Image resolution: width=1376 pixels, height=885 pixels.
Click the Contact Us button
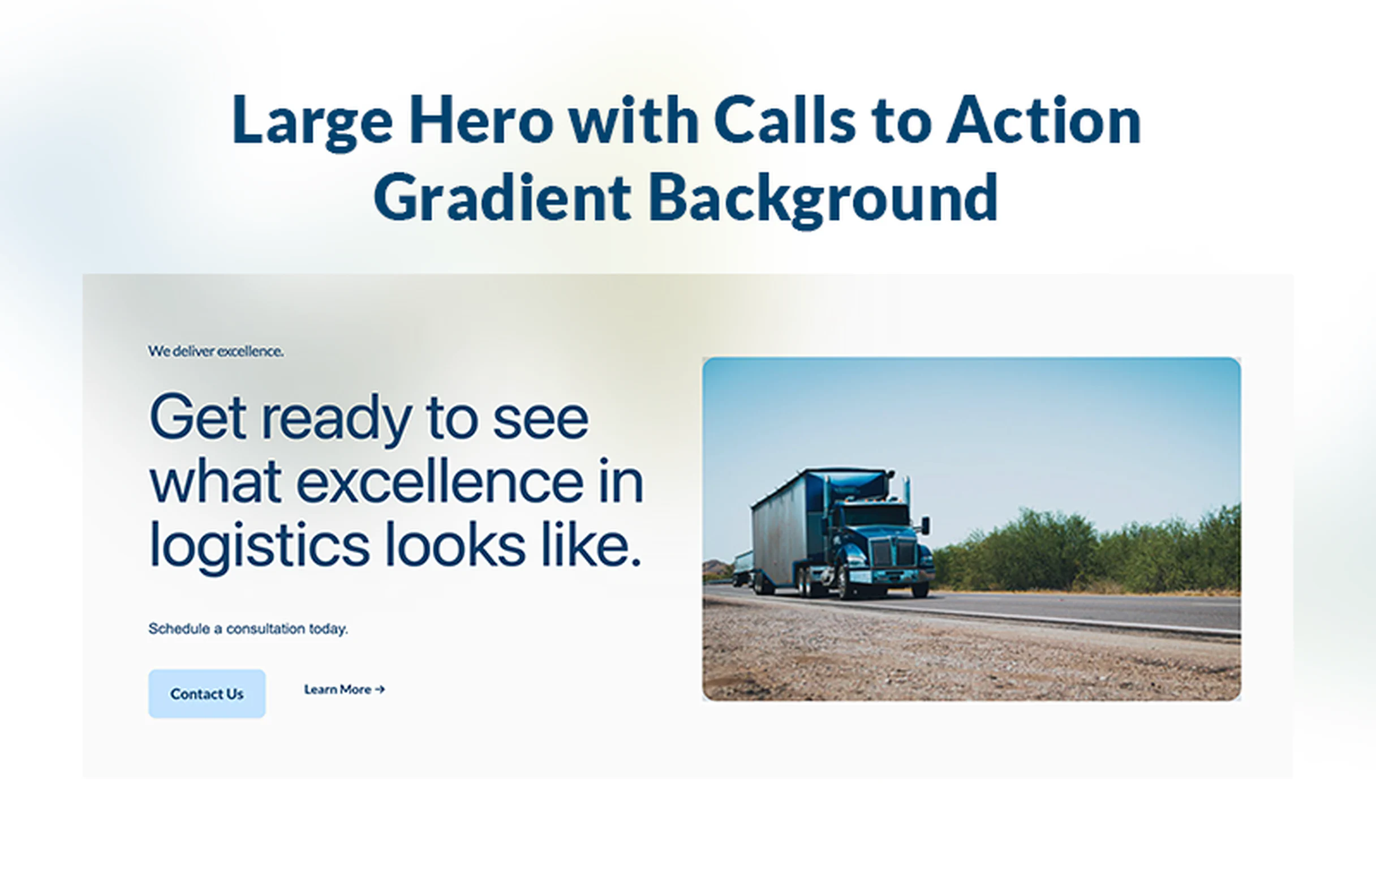tap(207, 694)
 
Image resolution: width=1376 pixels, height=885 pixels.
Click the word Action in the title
tap(1043, 121)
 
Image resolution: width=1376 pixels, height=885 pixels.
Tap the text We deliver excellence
tap(216, 351)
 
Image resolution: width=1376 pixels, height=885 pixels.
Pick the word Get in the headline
tap(198, 418)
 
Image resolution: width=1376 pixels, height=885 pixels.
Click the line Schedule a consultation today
tap(248, 629)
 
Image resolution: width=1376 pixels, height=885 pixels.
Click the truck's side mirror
tap(925, 525)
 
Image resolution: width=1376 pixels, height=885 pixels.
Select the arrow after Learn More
tap(380, 689)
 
